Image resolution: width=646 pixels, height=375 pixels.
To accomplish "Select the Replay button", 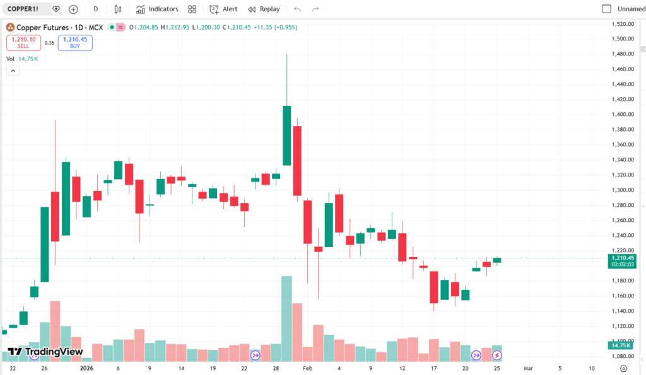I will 264,9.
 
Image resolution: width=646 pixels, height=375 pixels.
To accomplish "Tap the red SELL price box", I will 23,42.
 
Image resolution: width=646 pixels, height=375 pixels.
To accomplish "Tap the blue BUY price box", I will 75,42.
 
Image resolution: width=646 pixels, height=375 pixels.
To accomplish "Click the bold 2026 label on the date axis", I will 86,368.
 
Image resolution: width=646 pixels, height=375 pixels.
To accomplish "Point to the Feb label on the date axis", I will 307,368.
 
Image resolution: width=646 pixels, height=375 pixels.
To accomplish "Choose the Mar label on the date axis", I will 528,368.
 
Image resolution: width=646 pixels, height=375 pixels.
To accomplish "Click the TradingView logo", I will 45,352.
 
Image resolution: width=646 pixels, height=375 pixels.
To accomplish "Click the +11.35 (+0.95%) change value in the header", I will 275,27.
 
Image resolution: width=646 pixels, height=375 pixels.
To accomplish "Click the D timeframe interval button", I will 95,9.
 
